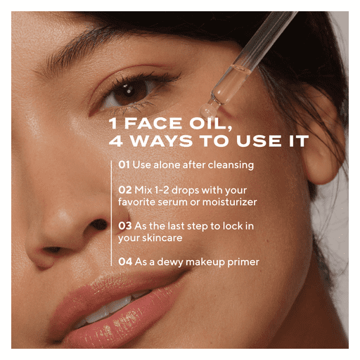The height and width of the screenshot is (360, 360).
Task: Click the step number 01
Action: click(124, 165)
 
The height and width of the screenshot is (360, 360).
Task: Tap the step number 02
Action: click(124, 190)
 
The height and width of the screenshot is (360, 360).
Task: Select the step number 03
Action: click(124, 226)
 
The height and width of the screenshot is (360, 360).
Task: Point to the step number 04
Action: click(125, 262)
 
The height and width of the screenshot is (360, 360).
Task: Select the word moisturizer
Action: click(229, 202)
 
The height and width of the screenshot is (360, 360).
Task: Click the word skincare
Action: click(162, 238)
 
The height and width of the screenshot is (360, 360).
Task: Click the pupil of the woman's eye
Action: click(129, 91)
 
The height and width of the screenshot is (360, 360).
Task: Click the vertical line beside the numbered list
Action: click(112, 213)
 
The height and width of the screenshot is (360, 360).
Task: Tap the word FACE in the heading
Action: click(153, 124)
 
